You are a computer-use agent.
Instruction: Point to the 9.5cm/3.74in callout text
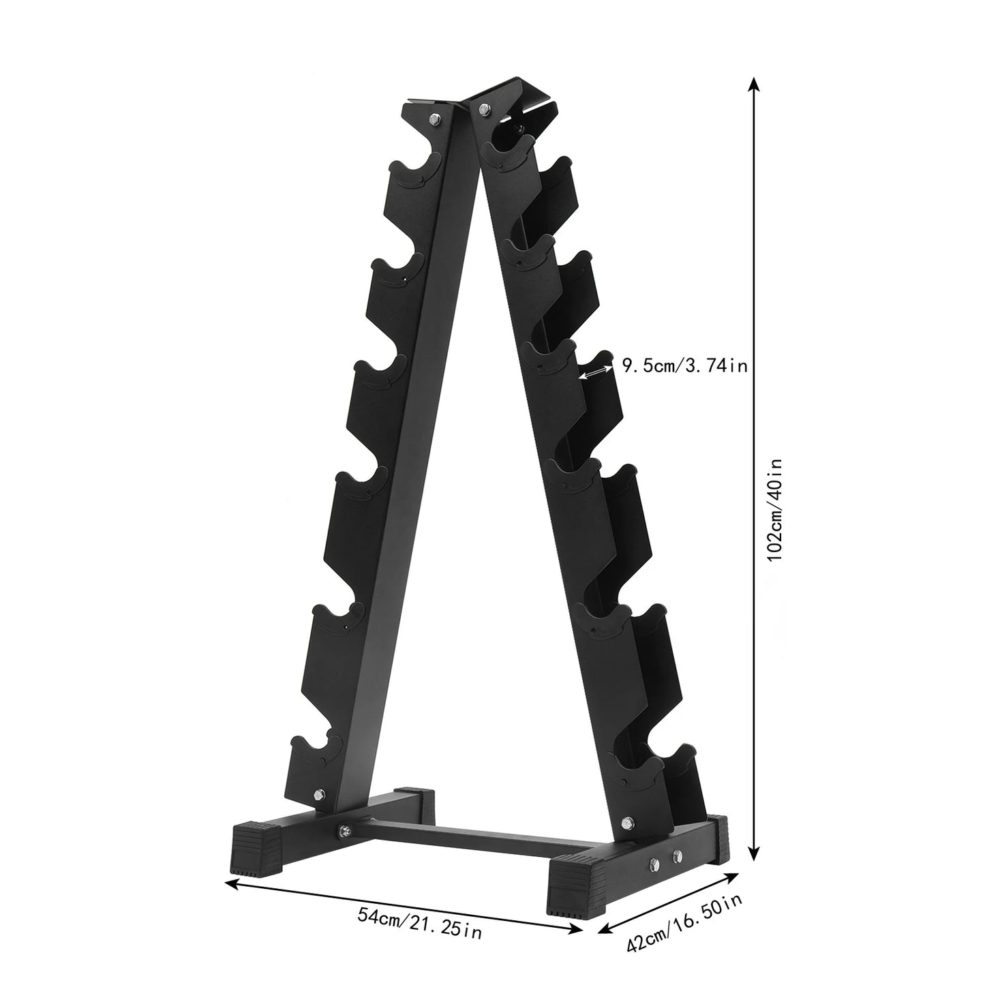click(x=684, y=367)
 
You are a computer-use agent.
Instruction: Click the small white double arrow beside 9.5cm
click(x=594, y=372)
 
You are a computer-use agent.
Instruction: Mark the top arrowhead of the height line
click(x=753, y=83)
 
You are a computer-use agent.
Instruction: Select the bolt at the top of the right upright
click(x=485, y=107)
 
